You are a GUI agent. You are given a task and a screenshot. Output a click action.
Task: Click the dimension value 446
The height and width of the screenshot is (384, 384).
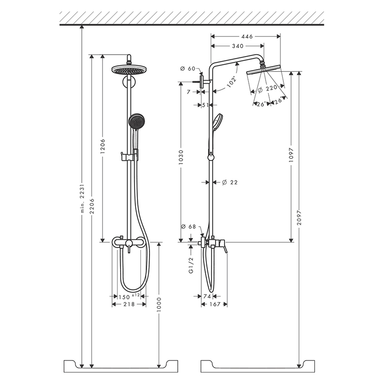(x=246, y=36)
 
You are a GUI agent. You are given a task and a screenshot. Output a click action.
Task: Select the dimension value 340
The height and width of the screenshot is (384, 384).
(x=238, y=46)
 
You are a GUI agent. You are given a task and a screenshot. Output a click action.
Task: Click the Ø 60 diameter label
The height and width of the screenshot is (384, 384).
(x=187, y=69)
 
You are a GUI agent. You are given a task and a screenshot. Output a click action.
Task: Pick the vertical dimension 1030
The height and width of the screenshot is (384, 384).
(x=181, y=158)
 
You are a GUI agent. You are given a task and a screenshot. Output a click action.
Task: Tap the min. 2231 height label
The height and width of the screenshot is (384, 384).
(x=82, y=199)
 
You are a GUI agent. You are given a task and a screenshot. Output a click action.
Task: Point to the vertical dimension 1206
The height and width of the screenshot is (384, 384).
(x=103, y=147)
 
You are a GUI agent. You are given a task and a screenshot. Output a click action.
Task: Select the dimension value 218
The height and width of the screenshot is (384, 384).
(x=129, y=305)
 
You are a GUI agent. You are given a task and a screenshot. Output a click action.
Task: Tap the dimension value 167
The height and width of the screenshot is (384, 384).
(x=215, y=305)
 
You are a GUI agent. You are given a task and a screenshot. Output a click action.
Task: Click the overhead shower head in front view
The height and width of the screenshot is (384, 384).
(x=130, y=70)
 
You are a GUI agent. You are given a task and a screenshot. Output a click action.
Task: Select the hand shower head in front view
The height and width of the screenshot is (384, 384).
(x=135, y=121)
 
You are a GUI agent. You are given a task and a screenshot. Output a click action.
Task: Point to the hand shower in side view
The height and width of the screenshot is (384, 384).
(x=216, y=121)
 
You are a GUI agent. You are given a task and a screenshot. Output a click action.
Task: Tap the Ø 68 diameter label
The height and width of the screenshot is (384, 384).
(x=187, y=226)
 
